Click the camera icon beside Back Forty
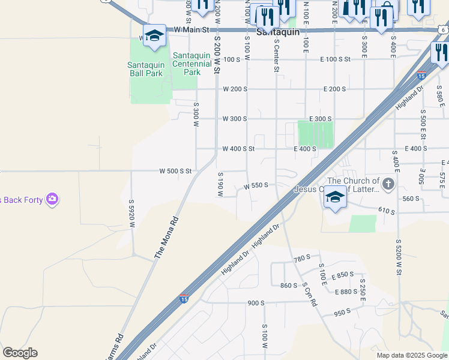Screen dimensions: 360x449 point(52,199)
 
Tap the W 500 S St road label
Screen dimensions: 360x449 point(175,171)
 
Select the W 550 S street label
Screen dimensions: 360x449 point(256,186)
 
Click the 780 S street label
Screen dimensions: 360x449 point(301,259)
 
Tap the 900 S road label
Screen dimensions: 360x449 point(256,304)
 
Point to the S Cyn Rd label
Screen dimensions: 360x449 point(310,294)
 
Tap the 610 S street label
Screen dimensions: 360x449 point(387,211)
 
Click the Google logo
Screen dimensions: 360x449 point(20,353)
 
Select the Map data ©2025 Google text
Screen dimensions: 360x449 point(412,355)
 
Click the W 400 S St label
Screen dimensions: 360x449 point(239,149)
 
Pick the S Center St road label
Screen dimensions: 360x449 point(277,56)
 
